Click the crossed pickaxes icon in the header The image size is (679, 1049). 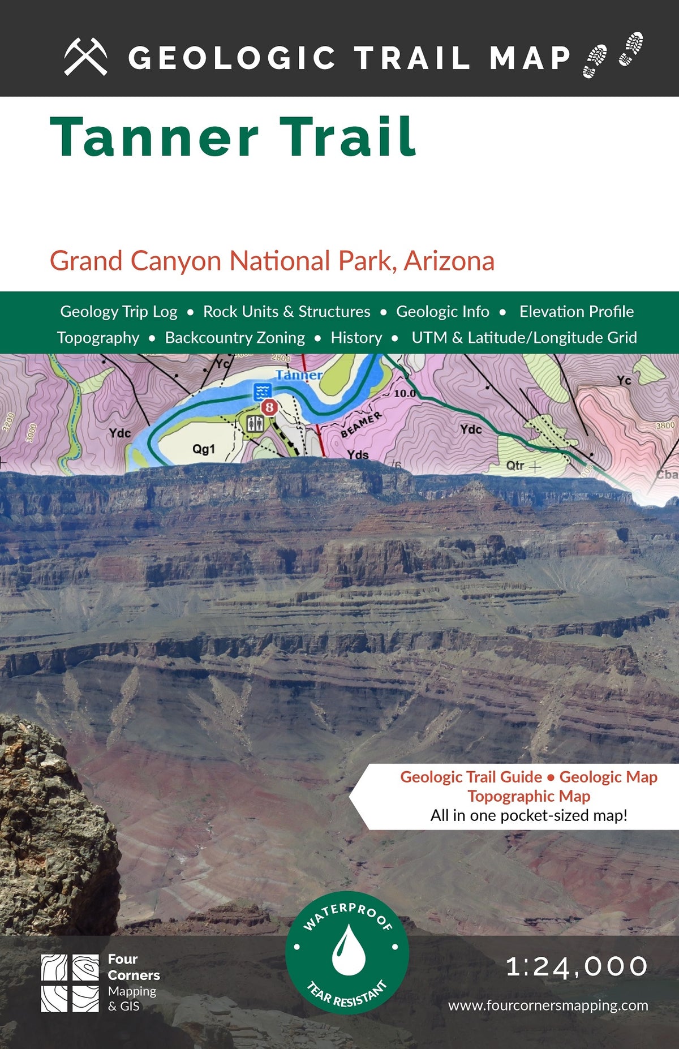pos(85,57)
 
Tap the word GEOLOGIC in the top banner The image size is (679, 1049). pos(232,58)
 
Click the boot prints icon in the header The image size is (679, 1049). pos(613,55)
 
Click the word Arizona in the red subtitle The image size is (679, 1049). pos(449,261)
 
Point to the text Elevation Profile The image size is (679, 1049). pos(576,312)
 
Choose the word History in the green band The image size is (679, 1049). pos(356,338)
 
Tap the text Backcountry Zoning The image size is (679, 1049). pos(235,338)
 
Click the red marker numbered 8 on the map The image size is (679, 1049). pos(269,407)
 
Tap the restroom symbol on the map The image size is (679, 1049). pos(254,423)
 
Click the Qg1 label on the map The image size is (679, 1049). pos(204,449)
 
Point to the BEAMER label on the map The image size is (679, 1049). pos(361,425)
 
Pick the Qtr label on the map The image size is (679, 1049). pos(515,466)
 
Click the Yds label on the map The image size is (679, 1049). pos(358,454)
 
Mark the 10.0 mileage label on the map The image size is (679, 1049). pos(405,393)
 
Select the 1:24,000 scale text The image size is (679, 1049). pos(577,966)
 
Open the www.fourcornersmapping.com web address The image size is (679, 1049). pos(548,1005)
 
